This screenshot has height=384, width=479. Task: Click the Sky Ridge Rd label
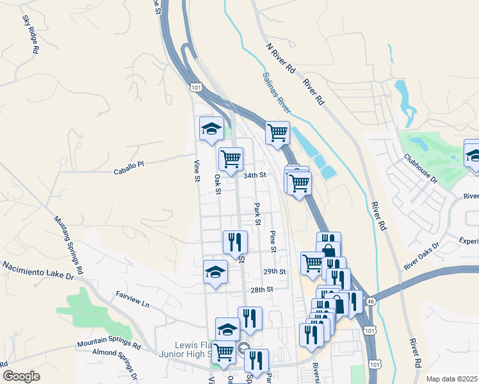pos(31,35)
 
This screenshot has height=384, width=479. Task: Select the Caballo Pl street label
pos(129,168)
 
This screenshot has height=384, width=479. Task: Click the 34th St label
pos(254,175)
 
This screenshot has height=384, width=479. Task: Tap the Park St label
pos(257,214)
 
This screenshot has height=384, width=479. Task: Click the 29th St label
pos(273,271)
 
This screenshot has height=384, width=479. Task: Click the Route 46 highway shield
pos(371,300)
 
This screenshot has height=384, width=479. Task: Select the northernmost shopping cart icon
pos(277,133)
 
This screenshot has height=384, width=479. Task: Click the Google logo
pos(21,376)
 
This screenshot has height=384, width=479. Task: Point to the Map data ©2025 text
pos(452,379)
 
